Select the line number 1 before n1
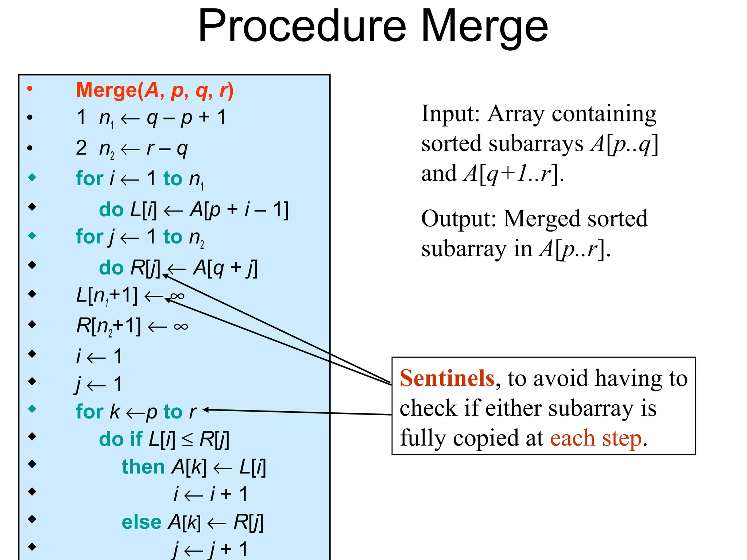click(81, 117)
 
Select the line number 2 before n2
click(81, 148)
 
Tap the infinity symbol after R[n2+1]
click(181, 326)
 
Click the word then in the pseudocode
click(143, 467)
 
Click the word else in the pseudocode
click(141, 522)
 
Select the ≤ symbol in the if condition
click(187, 440)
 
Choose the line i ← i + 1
click(211, 494)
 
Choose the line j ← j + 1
click(211, 549)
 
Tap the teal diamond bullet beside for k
click(32, 409)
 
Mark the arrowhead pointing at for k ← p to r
click(206, 410)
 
